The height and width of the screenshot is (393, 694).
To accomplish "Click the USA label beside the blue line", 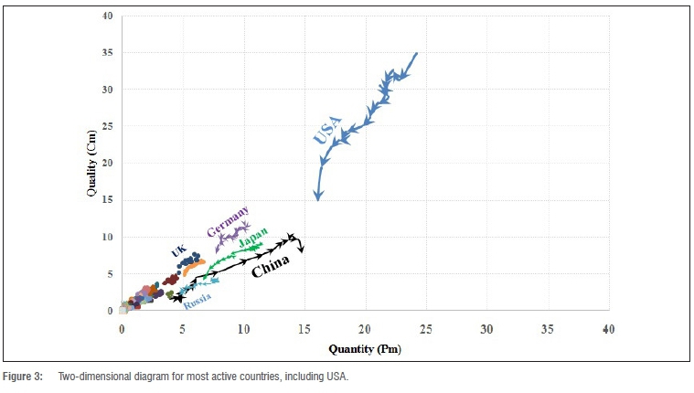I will [327, 131].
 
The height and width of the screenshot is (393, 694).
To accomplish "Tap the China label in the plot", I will [271, 265].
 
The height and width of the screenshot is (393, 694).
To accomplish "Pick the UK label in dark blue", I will [178, 251].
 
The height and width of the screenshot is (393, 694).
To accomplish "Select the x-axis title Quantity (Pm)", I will [365, 348].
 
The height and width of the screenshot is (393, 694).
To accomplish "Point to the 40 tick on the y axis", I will [107, 16].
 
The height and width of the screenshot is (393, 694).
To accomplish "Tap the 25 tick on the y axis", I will [107, 126].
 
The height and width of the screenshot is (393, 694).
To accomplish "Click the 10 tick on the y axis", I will [107, 237].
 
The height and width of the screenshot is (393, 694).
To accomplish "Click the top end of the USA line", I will [417, 53].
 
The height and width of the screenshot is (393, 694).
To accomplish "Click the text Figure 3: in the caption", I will [25, 377].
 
